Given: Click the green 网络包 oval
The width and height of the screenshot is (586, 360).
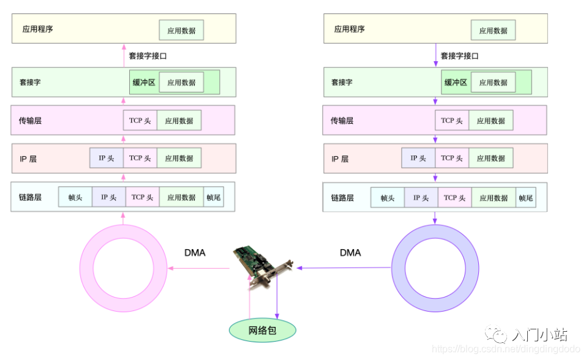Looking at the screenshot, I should click(x=262, y=331).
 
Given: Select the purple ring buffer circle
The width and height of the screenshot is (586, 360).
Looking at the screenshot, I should click(x=435, y=268).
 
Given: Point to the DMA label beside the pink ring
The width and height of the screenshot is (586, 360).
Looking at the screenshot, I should click(x=195, y=252).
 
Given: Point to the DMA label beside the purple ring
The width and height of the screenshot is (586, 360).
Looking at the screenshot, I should click(x=350, y=252).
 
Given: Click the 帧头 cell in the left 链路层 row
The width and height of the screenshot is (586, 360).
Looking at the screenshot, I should click(x=75, y=197).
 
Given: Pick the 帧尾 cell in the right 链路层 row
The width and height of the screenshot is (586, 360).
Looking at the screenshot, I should click(x=525, y=198).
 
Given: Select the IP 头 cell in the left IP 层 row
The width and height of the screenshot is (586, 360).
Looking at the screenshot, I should click(x=107, y=158).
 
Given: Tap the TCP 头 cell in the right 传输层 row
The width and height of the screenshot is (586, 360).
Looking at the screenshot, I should click(x=452, y=121).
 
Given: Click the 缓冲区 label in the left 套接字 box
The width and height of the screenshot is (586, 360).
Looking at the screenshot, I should click(x=144, y=82).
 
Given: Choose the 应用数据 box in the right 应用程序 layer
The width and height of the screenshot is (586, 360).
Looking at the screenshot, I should click(x=493, y=30).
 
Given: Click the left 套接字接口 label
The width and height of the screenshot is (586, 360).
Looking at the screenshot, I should click(x=148, y=56).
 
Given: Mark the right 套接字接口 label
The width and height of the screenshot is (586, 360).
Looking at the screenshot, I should click(x=460, y=56).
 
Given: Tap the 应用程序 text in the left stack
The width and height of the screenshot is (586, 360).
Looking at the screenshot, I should click(x=37, y=29).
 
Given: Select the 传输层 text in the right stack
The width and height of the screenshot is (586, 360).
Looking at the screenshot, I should click(x=342, y=121).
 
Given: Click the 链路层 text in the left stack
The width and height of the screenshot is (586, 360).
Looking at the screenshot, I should click(x=30, y=197).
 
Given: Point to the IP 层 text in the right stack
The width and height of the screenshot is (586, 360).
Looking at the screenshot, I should click(x=340, y=159).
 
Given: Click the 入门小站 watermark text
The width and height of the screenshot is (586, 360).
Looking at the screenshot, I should click(x=539, y=335).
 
